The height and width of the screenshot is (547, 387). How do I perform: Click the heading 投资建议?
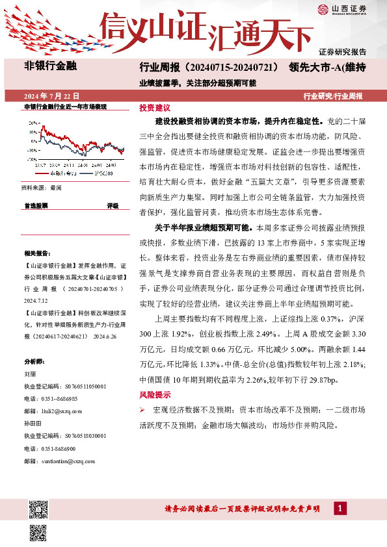point(154,107)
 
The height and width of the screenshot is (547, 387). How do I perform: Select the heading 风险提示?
point(154,394)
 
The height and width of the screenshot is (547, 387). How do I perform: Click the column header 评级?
point(113,206)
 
